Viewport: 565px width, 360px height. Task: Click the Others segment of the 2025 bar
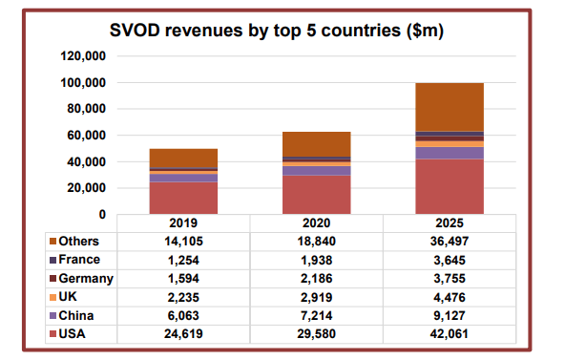450,107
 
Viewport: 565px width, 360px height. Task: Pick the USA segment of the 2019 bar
183,198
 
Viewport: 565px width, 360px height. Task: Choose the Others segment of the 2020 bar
316,143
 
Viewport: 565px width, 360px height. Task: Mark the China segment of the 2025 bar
450,153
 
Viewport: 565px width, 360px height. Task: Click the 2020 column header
316,222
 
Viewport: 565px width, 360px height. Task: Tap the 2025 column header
450,222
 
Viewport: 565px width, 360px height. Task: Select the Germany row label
87,279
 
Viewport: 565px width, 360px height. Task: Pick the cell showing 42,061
450,333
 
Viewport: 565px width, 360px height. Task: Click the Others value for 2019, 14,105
183,242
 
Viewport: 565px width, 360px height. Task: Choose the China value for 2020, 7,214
316,315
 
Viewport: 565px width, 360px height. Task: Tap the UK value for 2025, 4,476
450,297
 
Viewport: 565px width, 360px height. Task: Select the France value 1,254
183,261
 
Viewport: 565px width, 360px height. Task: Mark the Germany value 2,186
316,279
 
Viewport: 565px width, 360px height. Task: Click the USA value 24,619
183,333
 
